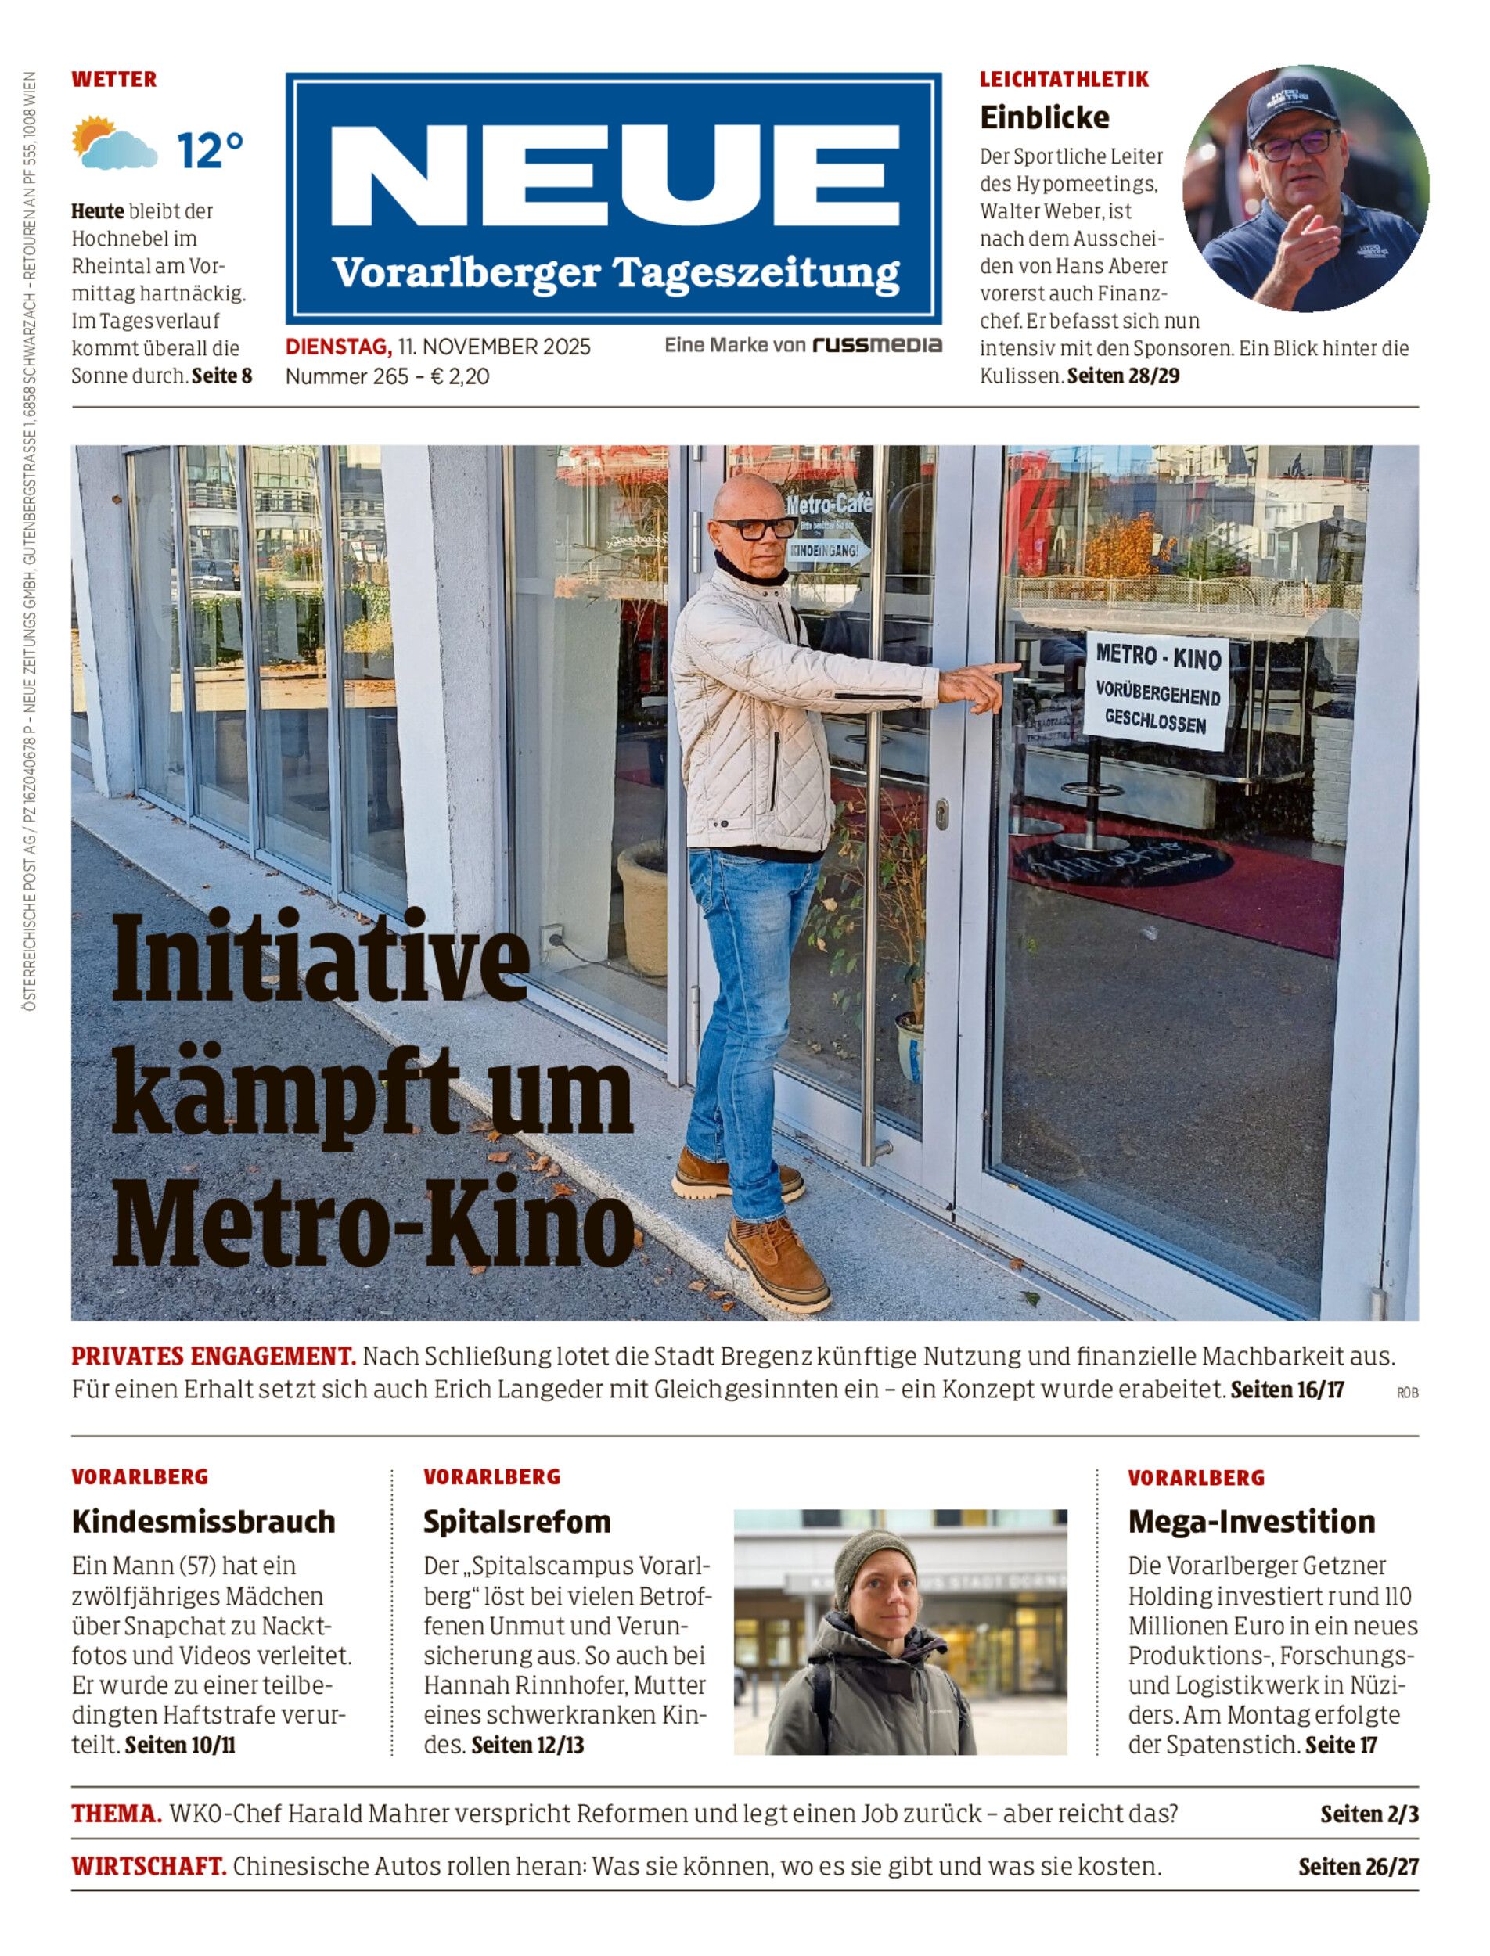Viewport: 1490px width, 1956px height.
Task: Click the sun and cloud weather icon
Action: pos(113,144)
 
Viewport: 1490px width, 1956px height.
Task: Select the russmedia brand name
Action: pos(877,345)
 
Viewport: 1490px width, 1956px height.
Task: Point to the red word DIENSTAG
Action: pos(337,347)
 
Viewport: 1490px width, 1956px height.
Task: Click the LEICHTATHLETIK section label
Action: pos(1064,80)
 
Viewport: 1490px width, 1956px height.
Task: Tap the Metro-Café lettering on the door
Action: pos(829,505)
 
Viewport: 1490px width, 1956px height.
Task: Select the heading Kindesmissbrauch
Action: pos(203,1522)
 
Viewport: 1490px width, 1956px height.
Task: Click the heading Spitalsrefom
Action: pos(517,1522)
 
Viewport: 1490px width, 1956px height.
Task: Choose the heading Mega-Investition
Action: pos(1251,1522)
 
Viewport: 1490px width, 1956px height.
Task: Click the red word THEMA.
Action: pos(116,1814)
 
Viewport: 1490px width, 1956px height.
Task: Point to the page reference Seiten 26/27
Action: pos(1358,1867)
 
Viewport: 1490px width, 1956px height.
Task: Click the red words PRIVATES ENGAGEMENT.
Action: pos(214,1356)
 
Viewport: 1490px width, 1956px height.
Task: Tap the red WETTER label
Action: pos(113,80)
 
